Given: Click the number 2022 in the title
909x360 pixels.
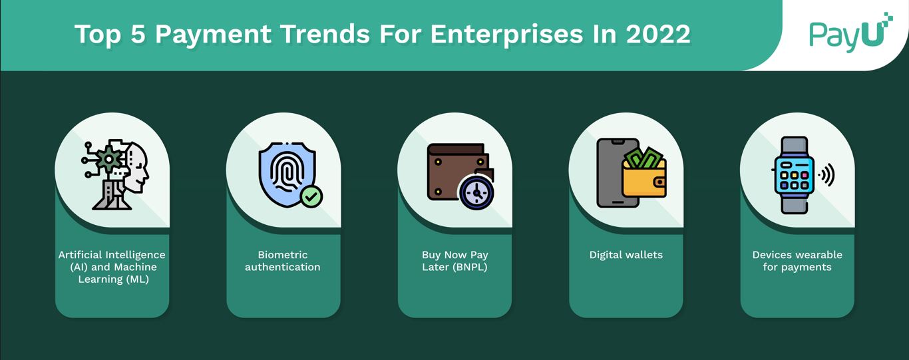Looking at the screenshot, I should pos(658,35).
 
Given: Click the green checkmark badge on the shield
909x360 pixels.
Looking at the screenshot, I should pos(311,196).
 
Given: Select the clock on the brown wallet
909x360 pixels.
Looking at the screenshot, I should pos(476,194).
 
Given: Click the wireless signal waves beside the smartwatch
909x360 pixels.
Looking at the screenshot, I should pos(826,175).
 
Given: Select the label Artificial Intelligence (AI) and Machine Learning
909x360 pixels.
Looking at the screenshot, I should pos(112,267).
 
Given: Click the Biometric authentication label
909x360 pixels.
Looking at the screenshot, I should pos(283,261).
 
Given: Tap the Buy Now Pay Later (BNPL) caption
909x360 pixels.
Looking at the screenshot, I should pos(454,261).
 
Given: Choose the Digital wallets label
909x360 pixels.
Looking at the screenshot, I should pos(626,255).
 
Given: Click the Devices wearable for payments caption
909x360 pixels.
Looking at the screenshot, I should pos(797,261).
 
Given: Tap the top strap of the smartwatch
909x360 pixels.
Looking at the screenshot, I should pos(794,146).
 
